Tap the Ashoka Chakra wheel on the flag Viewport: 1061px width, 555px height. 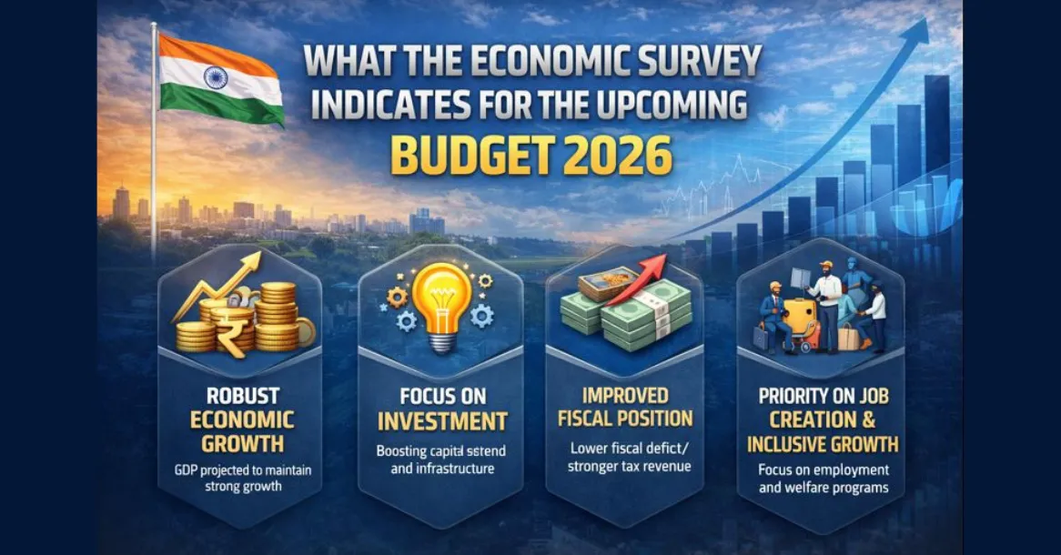217,76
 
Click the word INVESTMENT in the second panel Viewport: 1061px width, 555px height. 441,422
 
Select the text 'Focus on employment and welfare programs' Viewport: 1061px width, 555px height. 823,479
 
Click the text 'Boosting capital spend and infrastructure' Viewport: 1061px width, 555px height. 441,459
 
